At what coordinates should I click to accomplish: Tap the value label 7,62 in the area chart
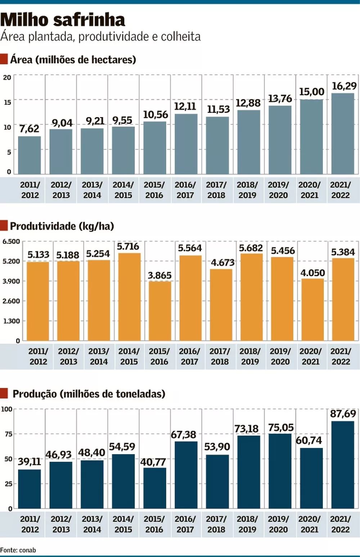pyautogui.click(x=29, y=129)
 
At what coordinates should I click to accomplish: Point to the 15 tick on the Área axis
pyautogui.click(x=7, y=102)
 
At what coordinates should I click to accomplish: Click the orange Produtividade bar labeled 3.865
pyautogui.click(x=160, y=311)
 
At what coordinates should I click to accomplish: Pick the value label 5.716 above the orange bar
pyautogui.click(x=128, y=246)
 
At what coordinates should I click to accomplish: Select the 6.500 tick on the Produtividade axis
pyautogui.click(x=11, y=241)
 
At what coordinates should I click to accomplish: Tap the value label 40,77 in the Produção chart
pyautogui.click(x=153, y=462)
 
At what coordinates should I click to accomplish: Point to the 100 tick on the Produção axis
pyautogui.click(x=7, y=409)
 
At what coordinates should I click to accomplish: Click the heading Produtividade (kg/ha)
pyautogui.click(x=62, y=226)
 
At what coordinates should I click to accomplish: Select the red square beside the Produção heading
pyautogui.click(x=4, y=393)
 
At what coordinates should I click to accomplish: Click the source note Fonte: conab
pyautogui.click(x=18, y=550)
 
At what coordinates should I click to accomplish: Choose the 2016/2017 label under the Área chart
pyautogui.click(x=185, y=190)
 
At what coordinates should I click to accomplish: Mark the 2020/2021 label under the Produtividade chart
pyautogui.click(x=310, y=356)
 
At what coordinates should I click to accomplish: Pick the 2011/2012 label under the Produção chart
pyautogui.click(x=30, y=524)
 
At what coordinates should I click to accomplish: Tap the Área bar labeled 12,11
pyautogui.click(x=186, y=144)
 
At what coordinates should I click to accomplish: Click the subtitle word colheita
pyautogui.click(x=181, y=36)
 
